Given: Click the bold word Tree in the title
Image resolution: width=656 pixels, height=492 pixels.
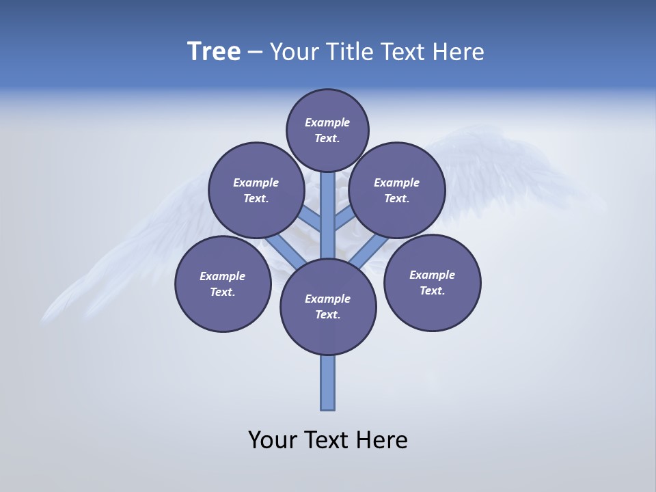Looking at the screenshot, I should point(214,52).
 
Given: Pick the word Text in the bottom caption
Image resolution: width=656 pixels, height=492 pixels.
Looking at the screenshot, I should point(327,439).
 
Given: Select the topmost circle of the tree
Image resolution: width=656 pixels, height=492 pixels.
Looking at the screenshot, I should point(327,130).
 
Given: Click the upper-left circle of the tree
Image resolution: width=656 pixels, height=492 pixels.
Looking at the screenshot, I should point(256,190).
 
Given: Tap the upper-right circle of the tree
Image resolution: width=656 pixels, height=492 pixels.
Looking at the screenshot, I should point(397,190).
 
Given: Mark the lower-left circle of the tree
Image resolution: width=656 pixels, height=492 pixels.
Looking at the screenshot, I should point(223,284).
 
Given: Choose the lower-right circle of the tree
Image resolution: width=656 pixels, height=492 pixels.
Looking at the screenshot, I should point(433,282).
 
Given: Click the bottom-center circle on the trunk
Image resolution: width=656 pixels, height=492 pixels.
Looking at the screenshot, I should point(328,307).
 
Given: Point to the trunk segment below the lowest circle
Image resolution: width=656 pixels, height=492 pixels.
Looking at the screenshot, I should point(328,383).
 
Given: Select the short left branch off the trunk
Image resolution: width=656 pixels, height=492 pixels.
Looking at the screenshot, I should point(311,219).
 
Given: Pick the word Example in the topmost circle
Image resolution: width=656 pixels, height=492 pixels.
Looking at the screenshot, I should point(327,122).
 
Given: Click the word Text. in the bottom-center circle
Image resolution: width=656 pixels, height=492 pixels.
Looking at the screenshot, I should point(327,315).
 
